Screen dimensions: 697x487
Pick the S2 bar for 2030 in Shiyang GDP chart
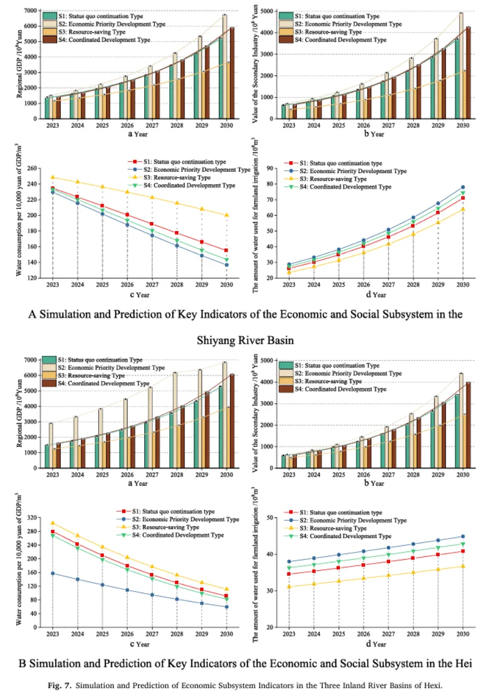225,67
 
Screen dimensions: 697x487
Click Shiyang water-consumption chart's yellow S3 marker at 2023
53,177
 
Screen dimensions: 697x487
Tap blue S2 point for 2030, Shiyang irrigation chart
462,188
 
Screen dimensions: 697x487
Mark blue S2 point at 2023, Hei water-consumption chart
53,573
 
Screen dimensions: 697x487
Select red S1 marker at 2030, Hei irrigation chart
462,551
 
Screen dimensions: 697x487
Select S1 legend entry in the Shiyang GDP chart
92,16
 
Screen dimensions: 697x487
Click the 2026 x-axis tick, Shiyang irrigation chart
363,285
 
